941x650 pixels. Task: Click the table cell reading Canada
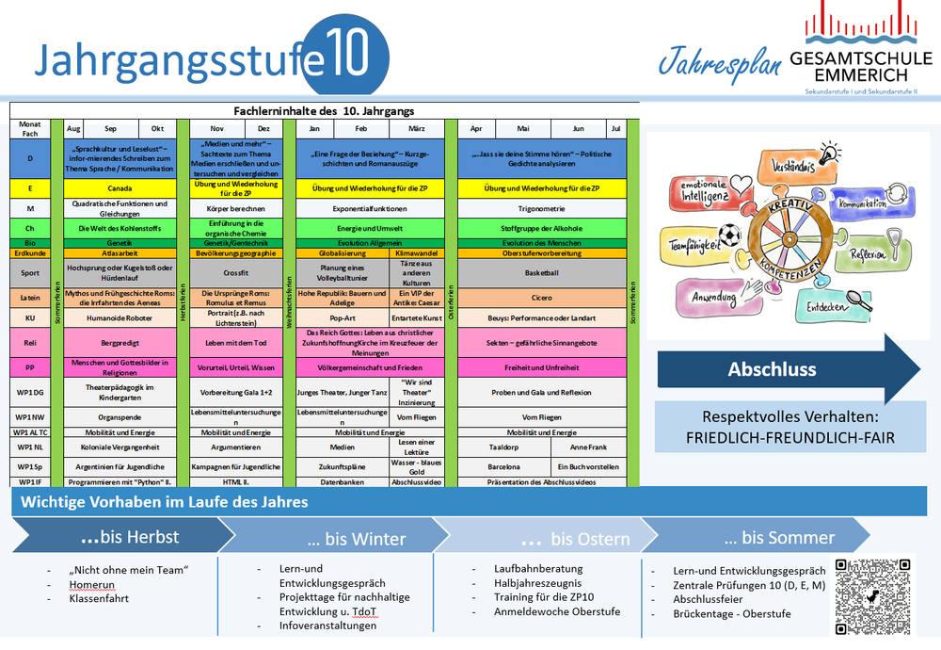[x=120, y=187]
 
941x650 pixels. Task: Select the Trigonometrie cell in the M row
[x=541, y=208]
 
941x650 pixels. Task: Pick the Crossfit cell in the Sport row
[x=235, y=273]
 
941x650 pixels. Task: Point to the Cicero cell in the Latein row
[x=541, y=297]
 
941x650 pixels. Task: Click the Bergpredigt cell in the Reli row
[x=120, y=343]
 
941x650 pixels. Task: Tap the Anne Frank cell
[x=588, y=447]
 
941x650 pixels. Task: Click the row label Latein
[x=30, y=297]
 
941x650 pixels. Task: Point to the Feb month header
[x=361, y=128]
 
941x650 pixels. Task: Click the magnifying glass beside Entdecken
[x=859, y=302]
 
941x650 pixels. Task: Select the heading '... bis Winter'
[x=357, y=539]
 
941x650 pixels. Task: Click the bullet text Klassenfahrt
[x=99, y=598]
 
